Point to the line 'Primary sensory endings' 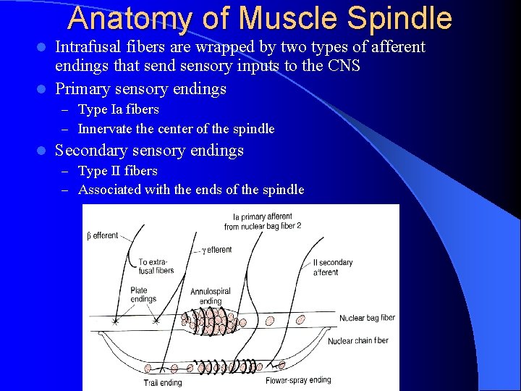pyautogui.click(x=140, y=89)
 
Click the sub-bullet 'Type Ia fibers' pyautogui.click(x=118, y=109)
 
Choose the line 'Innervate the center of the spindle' pyautogui.click(x=176, y=129)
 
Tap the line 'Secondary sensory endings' pyautogui.click(x=149, y=151)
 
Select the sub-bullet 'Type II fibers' pyautogui.click(x=117, y=171)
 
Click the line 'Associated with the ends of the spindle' pyautogui.click(x=191, y=190)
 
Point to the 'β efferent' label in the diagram pyautogui.click(x=102, y=235)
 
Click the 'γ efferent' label pyautogui.click(x=216, y=250)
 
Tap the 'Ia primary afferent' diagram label pyautogui.click(x=263, y=221)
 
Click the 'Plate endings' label pyautogui.click(x=143, y=295)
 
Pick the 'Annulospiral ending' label pyautogui.click(x=210, y=296)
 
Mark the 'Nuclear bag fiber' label pyautogui.click(x=367, y=318)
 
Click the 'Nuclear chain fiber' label pyautogui.click(x=358, y=340)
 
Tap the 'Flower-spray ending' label pyautogui.click(x=298, y=380)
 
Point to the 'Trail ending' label pyautogui.click(x=163, y=382)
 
